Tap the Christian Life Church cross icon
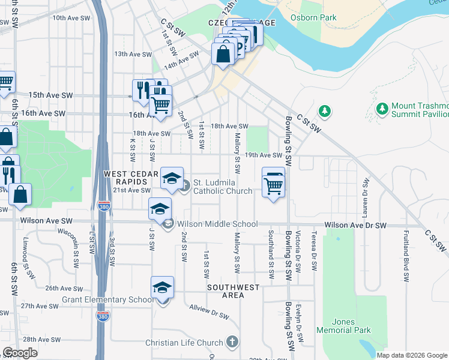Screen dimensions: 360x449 232,343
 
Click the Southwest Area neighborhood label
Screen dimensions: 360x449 234,291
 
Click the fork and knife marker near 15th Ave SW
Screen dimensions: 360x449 143,89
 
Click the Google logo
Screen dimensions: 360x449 20,353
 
